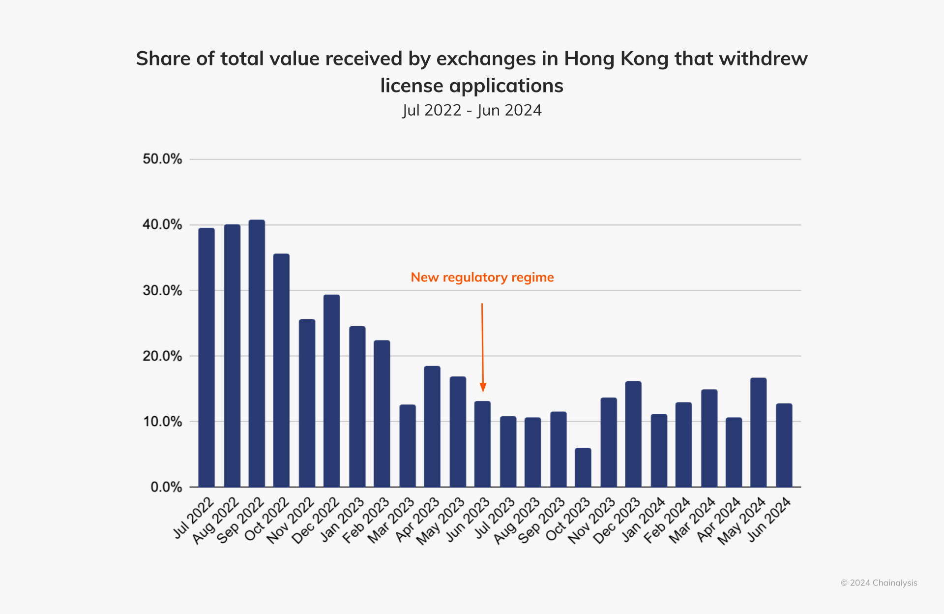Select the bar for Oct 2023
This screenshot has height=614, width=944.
click(583, 467)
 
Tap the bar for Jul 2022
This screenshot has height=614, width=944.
click(206, 357)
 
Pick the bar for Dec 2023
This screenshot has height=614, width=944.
click(633, 434)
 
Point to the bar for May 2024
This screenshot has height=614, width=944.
click(758, 432)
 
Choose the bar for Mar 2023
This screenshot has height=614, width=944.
click(408, 446)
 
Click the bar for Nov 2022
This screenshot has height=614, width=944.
click(307, 403)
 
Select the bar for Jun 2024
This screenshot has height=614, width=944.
click(784, 445)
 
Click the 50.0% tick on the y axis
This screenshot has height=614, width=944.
click(162, 159)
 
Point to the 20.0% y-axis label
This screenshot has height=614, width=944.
click(162, 356)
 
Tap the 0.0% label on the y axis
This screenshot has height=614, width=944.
click(166, 487)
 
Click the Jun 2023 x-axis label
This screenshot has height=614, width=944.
click(469, 520)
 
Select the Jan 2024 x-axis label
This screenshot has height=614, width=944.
click(644, 520)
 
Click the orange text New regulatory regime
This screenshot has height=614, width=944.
click(482, 277)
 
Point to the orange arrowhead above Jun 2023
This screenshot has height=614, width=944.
click(483, 387)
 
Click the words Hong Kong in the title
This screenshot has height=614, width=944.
click(616, 59)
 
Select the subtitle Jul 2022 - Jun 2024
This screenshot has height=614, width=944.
click(472, 110)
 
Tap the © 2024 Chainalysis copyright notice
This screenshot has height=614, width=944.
click(879, 583)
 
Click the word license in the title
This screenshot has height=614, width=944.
click(412, 86)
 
